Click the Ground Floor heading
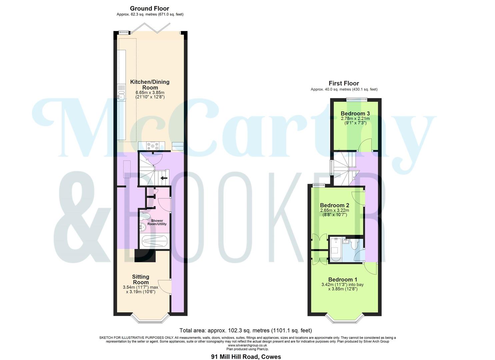(x=149, y=8)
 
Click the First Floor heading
(x=344, y=83)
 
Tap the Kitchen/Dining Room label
(x=150, y=85)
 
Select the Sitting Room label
(x=140, y=279)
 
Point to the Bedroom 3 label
(x=355, y=114)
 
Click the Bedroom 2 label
(x=334, y=205)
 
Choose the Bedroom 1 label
(x=342, y=280)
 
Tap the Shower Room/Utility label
(x=157, y=222)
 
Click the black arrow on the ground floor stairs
(x=164, y=178)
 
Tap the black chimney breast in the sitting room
(x=145, y=256)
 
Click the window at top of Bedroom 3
(x=356, y=99)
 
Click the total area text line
(x=246, y=331)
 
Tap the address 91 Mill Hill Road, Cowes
(x=246, y=357)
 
